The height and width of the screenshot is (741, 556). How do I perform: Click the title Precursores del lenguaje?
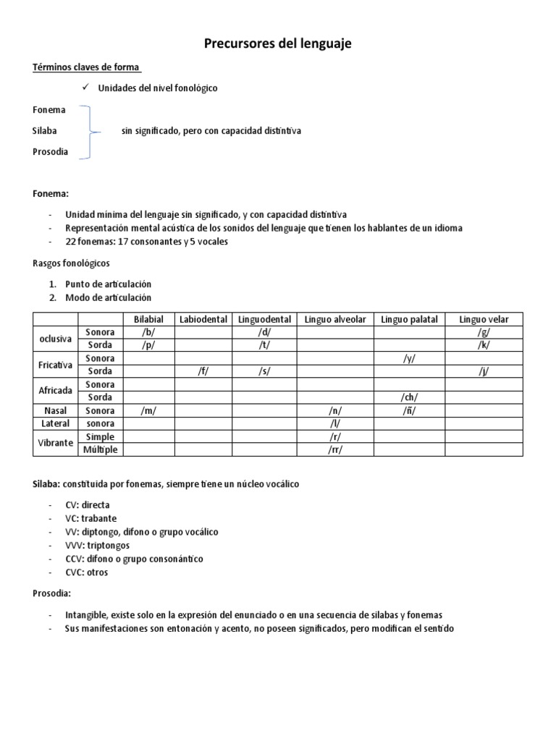click(x=277, y=44)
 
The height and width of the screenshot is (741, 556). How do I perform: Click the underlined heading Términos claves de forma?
click(x=87, y=68)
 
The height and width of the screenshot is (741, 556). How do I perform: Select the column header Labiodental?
click(x=203, y=319)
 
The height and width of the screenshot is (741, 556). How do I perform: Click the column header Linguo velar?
click(x=483, y=319)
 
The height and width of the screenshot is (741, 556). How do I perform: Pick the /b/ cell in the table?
click(x=149, y=332)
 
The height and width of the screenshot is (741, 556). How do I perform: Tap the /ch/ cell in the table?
click(x=408, y=397)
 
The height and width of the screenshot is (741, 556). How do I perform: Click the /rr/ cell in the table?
click(x=334, y=449)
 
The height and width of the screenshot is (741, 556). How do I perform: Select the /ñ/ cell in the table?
click(x=408, y=410)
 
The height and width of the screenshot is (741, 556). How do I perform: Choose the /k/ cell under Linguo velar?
click(x=483, y=345)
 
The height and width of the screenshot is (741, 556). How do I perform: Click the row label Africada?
click(x=55, y=391)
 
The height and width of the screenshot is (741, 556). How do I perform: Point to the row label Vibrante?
click(x=55, y=443)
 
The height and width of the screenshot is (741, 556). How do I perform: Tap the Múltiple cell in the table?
click(x=100, y=449)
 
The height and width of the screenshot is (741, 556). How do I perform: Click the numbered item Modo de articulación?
click(x=108, y=297)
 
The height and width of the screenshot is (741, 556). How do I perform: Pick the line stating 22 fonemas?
click(x=146, y=241)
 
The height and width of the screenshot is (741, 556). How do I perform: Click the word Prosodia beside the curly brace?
click(x=50, y=152)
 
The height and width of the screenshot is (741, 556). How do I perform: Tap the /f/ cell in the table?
click(x=203, y=371)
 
